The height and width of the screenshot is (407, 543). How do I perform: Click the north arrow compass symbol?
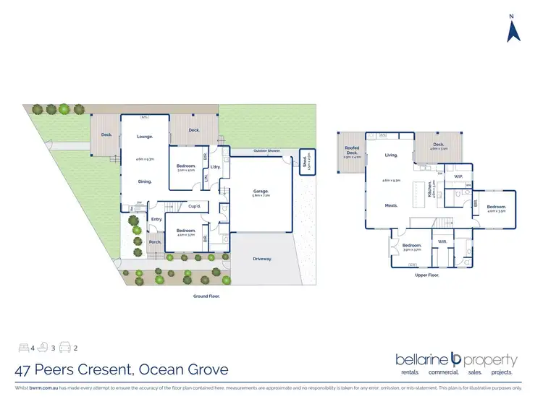[x=513, y=30]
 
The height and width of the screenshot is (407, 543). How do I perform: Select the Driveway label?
[x=263, y=259]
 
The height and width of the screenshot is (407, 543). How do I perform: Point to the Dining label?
[x=145, y=181]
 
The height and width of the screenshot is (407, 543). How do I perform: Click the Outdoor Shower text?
[x=266, y=150]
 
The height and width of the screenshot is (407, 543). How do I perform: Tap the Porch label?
[x=154, y=242]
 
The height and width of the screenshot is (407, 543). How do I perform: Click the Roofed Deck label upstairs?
[x=352, y=151]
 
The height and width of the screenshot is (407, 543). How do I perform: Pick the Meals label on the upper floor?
[x=392, y=205]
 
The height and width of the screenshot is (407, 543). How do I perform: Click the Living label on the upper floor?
[x=392, y=155]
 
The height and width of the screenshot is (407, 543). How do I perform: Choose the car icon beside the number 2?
[x=64, y=348]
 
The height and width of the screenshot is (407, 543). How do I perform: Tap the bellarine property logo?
[x=456, y=361]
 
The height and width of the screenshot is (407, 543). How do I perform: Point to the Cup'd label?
[x=194, y=206]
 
